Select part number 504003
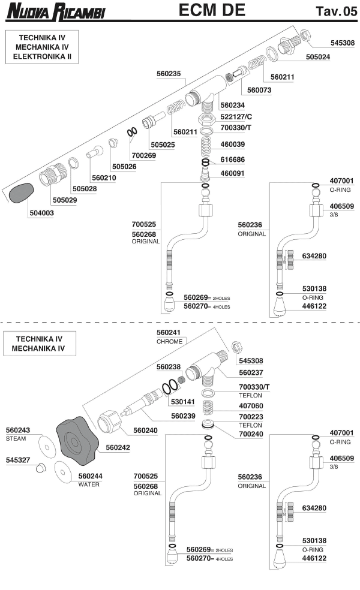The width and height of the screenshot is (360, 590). coord(41,213)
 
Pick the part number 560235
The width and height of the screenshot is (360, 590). coord(169,75)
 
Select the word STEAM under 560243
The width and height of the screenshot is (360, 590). coord(16,438)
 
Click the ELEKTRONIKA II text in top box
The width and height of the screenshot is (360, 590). coord(43,57)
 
